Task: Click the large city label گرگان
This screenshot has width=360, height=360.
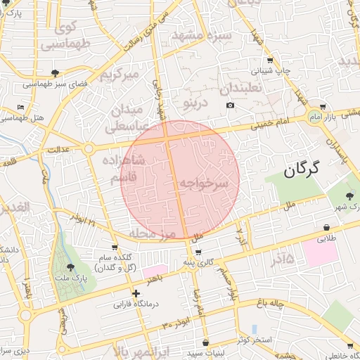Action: (302, 169)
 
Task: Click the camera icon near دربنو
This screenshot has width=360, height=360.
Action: (230, 105)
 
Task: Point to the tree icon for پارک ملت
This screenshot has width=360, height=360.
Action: (69, 267)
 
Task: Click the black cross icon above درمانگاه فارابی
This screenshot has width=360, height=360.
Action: (136, 293)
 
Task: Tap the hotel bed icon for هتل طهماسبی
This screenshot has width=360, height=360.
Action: (20, 107)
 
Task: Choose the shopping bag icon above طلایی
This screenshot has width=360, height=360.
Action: (327, 228)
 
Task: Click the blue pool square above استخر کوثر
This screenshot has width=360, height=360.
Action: (254, 328)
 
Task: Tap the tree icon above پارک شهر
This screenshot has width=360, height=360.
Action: (350, 195)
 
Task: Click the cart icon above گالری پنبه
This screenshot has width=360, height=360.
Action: (198, 252)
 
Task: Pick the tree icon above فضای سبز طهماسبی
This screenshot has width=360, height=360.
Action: (56, 73)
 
